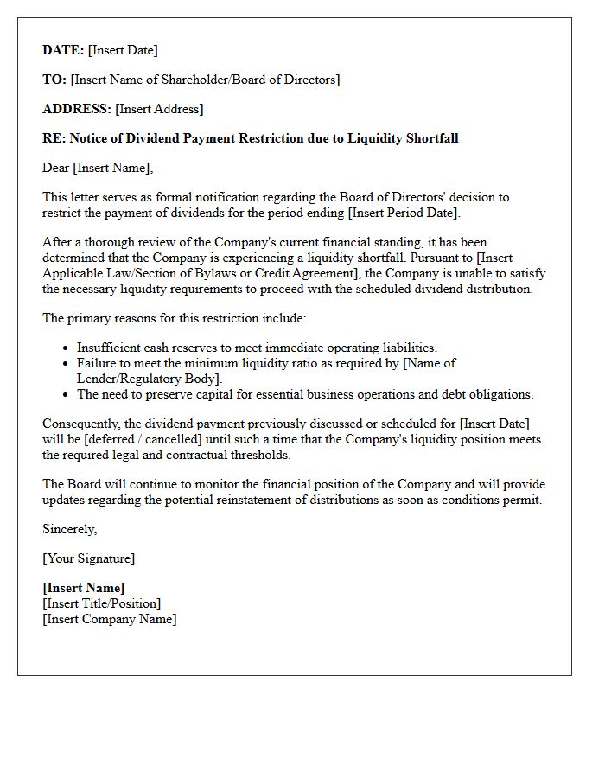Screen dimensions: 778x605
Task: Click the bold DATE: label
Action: [x=63, y=50]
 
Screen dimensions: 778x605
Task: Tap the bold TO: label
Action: [x=54, y=80]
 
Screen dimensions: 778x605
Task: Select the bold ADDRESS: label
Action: [x=77, y=109]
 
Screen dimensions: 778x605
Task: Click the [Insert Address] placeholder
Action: [x=159, y=109]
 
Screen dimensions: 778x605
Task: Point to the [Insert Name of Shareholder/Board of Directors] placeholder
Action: [x=205, y=80]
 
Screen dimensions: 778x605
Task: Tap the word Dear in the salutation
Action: [x=55, y=168]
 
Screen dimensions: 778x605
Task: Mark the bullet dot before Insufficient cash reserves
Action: [x=66, y=348]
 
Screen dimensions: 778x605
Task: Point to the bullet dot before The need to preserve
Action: [x=66, y=395]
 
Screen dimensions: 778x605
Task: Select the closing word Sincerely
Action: [x=69, y=529]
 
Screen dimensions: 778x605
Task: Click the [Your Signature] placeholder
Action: [x=88, y=558]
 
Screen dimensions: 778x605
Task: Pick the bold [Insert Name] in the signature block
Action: [x=83, y=588]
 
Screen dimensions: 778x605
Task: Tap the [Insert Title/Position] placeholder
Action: [x=101, y=603]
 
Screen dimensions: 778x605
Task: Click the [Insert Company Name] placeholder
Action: [x=109, y=619]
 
